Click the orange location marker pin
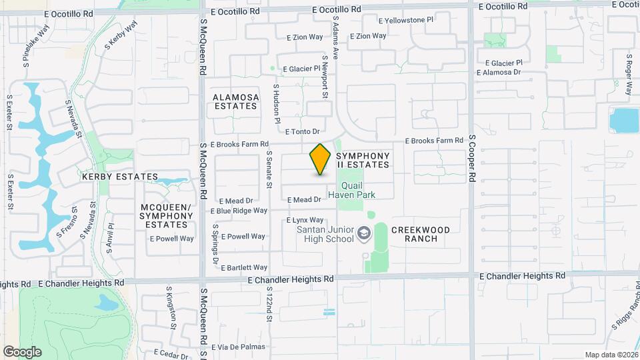[x=320, y=159]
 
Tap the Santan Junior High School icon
[x=364, y=233]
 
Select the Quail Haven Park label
[x=359, y=190]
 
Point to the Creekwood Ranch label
[x=420, y=234]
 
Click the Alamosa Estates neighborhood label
[x=235, y=101]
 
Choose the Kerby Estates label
[x=119, y=177]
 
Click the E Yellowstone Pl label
[x=406, y=20]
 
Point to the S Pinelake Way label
[x=36, y=44]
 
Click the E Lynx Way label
[x=305, y=220]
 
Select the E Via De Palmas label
[x=238, y=347]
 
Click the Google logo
[x=22, y=351]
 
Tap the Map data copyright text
[x=611, y=355]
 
